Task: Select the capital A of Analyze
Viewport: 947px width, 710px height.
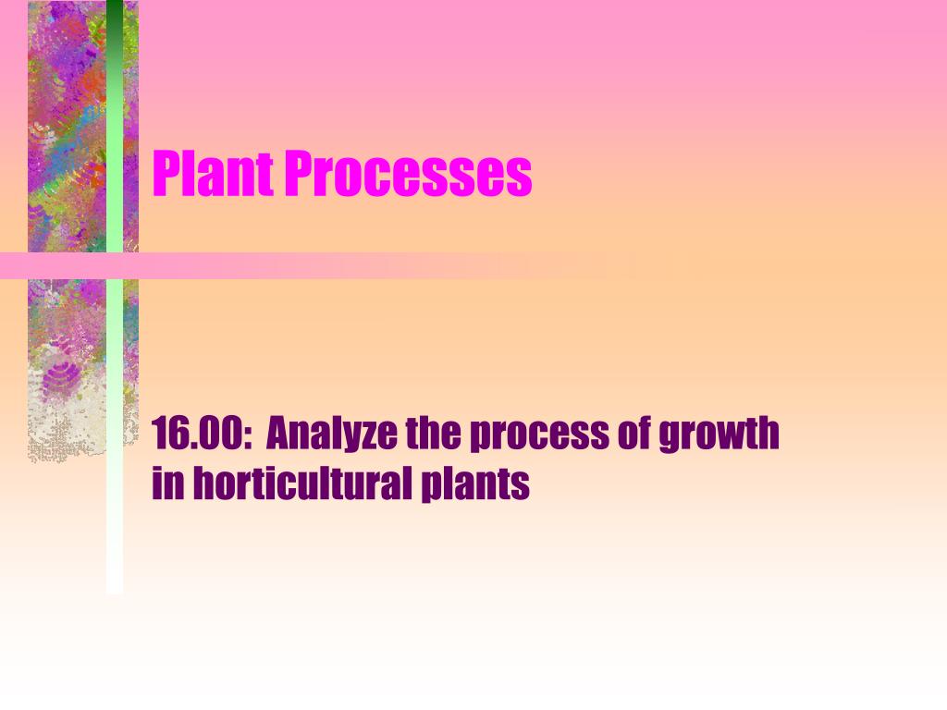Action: pos(278,434)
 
